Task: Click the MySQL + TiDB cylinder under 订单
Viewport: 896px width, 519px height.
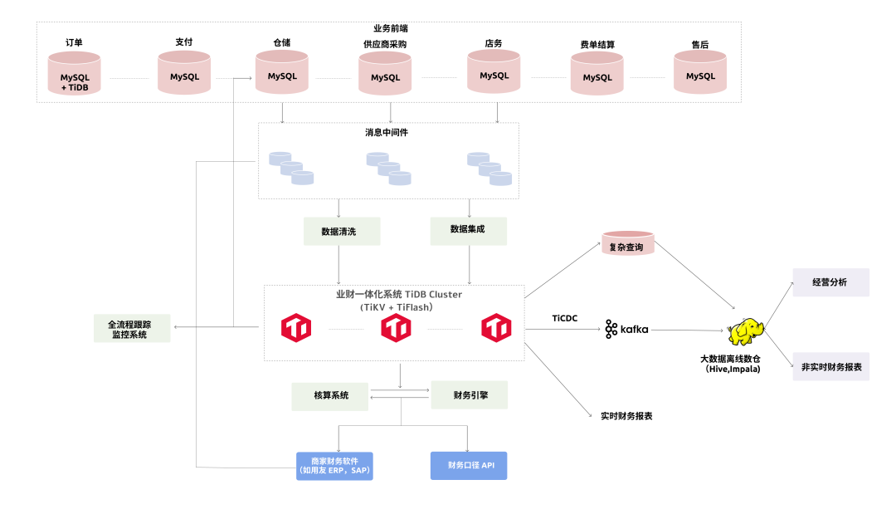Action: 74,74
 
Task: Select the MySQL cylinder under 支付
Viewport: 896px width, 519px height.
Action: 184,73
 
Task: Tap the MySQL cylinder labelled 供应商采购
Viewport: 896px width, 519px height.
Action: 385,74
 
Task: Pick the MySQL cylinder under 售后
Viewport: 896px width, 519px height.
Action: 700,72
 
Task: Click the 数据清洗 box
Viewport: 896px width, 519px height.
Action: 342,231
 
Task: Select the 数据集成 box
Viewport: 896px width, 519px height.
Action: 468,230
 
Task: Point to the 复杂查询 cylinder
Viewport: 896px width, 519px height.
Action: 627,243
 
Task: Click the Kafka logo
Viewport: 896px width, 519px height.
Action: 626,330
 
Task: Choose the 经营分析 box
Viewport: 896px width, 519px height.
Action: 830,282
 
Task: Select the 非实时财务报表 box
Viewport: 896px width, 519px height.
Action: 830,366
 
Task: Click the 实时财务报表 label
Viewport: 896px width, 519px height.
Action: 626,415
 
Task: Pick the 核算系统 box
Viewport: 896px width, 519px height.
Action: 330,396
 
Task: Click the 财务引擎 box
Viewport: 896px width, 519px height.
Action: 469,395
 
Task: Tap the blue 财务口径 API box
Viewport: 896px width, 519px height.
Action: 469,465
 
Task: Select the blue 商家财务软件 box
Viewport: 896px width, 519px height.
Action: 334,466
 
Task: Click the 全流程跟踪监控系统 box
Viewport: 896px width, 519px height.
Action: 132,328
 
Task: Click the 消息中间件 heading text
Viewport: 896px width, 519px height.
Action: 387,133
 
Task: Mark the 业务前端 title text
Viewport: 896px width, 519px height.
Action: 390,28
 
